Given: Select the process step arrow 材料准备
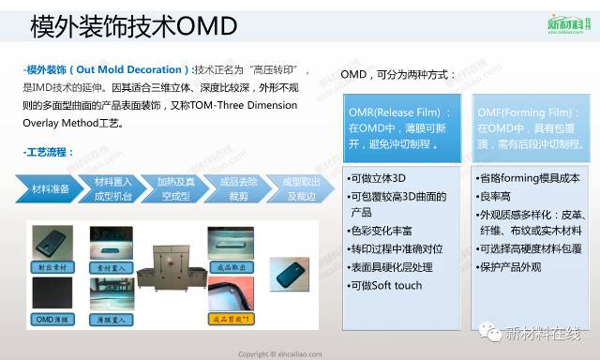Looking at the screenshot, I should pyautogui.click(x=52, y=188).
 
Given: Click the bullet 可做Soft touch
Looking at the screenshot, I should pyautogui.click(x=384, y=284).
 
